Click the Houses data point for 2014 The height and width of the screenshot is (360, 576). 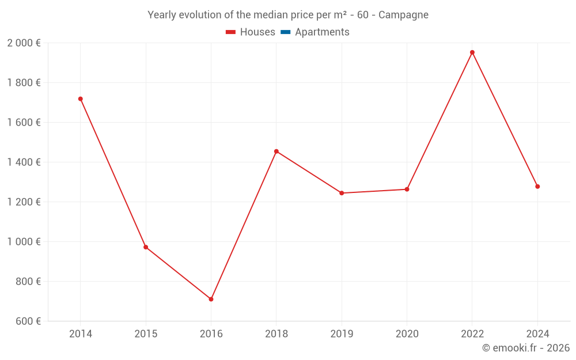point(80,99)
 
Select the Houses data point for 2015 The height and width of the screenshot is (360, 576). point(146,247)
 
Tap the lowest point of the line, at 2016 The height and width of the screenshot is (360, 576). point(211,299)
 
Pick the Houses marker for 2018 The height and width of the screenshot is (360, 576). point(276,151)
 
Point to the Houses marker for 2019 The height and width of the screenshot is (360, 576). point(342,193)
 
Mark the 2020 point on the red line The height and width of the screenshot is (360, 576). point(407,189)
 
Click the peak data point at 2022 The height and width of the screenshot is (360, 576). point(472,52)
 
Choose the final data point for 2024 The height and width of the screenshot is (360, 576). point(537,187)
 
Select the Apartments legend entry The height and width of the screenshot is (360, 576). point(322,32)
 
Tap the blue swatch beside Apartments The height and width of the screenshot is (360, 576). point(286,32)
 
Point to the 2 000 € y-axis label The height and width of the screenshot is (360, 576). point(24,43)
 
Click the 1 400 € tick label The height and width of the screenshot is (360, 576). point(24,162)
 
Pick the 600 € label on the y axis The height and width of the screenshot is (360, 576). point(27,321)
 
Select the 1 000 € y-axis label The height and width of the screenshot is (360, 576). point(24,242)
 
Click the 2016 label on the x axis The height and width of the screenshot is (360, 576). point(211,334)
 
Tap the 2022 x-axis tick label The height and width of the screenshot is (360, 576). point(472,334)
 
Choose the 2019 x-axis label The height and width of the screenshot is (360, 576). point(342,334)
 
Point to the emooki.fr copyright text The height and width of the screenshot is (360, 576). point(526,348)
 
